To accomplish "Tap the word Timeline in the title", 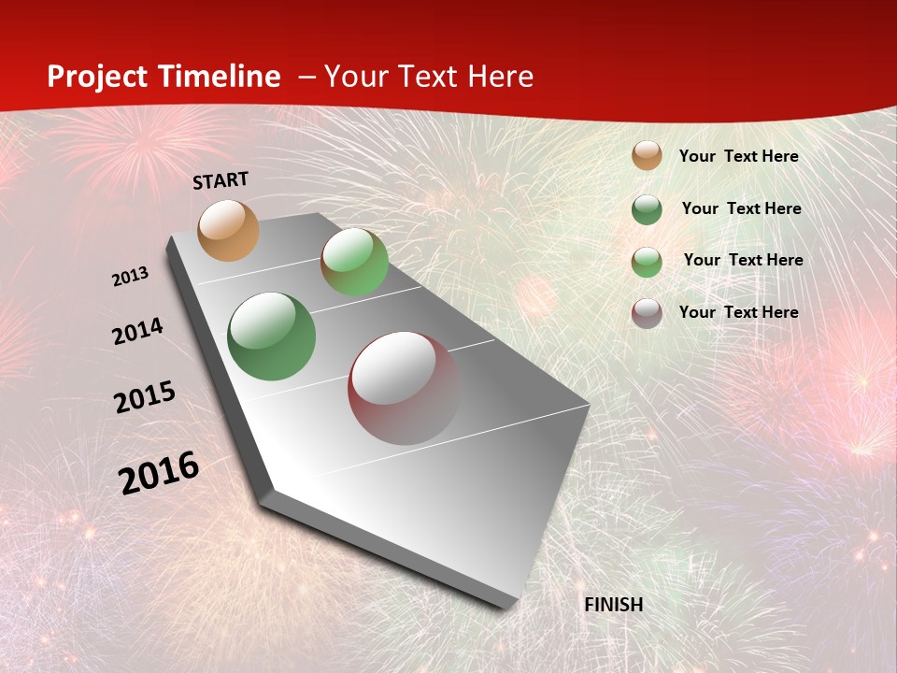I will (x=221, y=77).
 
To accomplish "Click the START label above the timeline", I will (x=221, y=180).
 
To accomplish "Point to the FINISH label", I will (x=614, y=605).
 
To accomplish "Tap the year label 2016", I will (x=159, y=472).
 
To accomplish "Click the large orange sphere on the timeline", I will (x=229, y=230).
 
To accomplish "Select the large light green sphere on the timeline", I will (x=354, y=262).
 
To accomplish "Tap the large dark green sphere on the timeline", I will (x=272, y=336).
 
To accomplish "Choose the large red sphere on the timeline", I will (x=404, y=388).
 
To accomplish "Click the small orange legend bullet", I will (x=647, y=155).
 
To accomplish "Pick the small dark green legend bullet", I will (x=647, y=209).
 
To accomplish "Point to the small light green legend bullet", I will (x=647, y=261).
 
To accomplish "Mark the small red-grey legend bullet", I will (x=647, y=312).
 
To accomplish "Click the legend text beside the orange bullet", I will (x=739, y=156).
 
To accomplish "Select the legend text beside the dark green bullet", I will (x=742, y=208).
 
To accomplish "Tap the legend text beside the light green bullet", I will (x=744, y=260).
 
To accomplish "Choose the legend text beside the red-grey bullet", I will (x=739, y=312).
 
